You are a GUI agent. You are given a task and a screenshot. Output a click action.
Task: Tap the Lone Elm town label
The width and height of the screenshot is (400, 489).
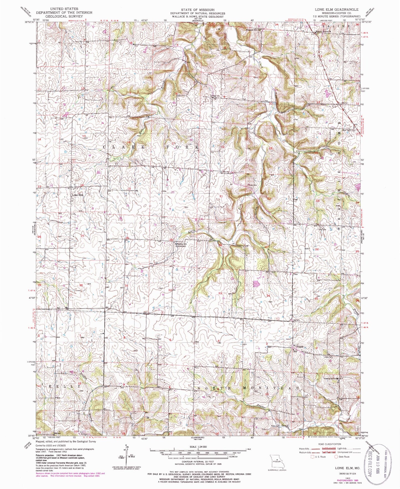(x=77, y=195)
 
